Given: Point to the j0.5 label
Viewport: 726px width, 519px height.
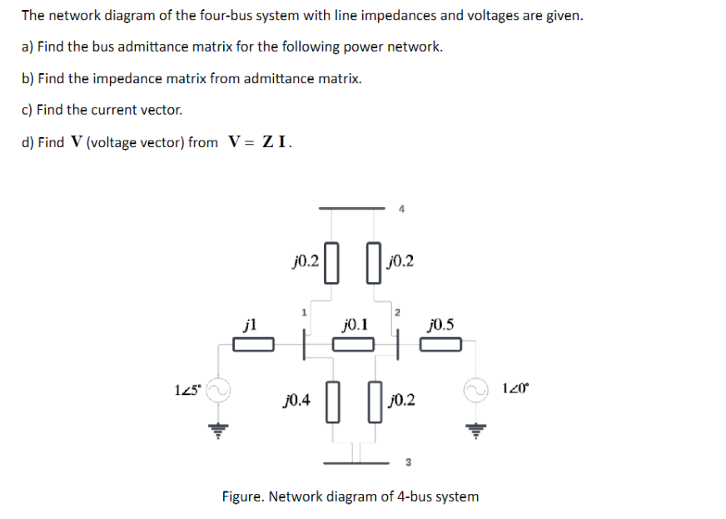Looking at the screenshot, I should [x=440, y=323].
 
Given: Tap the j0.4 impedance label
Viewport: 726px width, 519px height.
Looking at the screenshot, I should [x=297, y=400].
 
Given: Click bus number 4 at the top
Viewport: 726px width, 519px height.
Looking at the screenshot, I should [x=401, y=210].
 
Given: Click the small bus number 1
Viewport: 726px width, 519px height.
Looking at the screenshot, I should [x=304, y=313].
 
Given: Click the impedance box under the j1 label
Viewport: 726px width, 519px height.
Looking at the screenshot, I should [x=252, y=344].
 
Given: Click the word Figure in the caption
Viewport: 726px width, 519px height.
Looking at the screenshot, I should [x=243, y=497].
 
